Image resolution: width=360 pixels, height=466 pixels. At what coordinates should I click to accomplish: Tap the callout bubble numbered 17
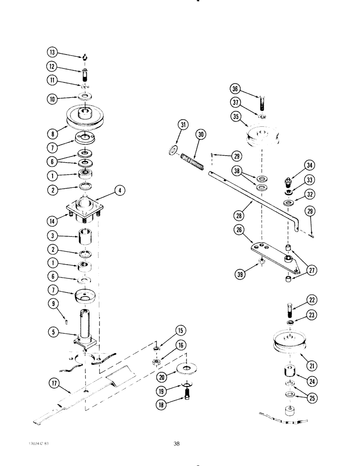pos(54,384)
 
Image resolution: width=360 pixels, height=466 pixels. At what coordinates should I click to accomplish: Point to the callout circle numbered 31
pos(184,124)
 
